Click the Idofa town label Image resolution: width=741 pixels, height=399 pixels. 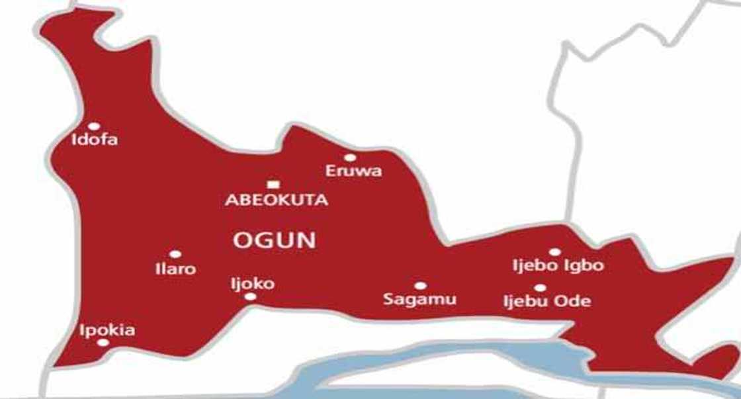click(x=95, y=140)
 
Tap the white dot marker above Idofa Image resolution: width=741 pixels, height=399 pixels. click(x=94, y=126)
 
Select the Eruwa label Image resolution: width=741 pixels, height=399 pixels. click(x=353, y=171)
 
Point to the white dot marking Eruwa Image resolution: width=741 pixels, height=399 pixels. click(x=350, y=157)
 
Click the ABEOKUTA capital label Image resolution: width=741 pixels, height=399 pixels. click(x=277, y=200)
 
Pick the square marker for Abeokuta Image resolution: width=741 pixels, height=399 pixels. click(x=273, y=185)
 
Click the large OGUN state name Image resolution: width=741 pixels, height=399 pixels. click(x=274, y=240)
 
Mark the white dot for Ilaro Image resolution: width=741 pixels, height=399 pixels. click(x=175, y=254)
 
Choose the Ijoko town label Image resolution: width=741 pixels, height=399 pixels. click(x=251, y=284)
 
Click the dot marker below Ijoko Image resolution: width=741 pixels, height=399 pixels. click(x=250, y=296)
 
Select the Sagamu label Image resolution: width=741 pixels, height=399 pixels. click(x=420, y=299)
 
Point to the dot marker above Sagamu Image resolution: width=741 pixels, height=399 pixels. click(x=420, y=286)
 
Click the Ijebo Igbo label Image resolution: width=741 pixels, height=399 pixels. click(x=558, y=266)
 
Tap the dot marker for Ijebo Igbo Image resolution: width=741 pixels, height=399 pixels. click(x=554, y=251)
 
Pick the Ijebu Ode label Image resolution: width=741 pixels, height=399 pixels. click(x=546, y=302)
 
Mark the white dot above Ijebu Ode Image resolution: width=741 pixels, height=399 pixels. click(x=541, y=288)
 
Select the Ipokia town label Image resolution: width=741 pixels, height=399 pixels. click(x=107, y=330)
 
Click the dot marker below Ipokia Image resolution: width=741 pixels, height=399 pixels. click(x=103, y=342)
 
